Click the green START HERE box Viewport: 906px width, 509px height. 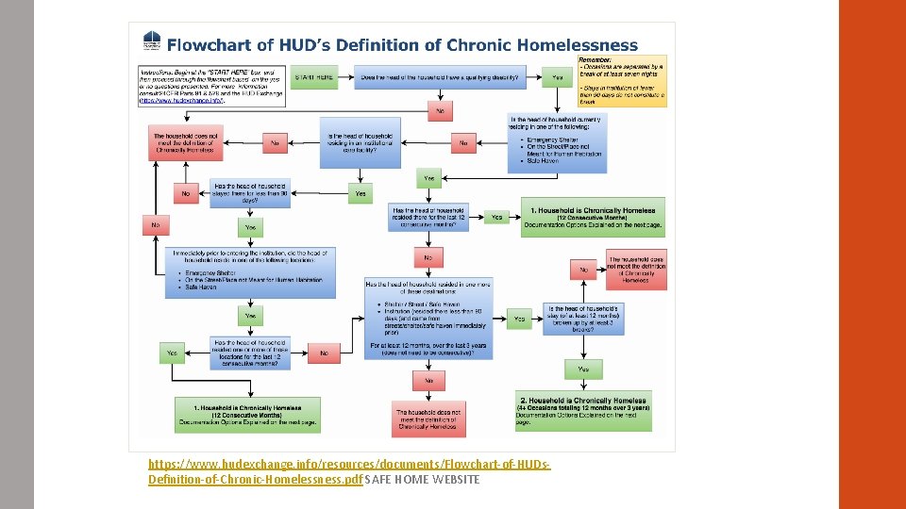pos(314,76)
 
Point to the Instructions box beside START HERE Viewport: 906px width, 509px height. pos(210,85)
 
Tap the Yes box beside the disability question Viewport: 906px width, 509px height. pos(558,76)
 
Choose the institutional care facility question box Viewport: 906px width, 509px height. pos(361,143)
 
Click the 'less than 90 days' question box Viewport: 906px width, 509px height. pos(250,193)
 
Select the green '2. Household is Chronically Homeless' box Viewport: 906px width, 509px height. pos(583,410)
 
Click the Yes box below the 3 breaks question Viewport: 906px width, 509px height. pos(583,369)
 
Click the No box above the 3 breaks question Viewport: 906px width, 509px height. pos(584,270)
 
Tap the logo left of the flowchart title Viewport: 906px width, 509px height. pos(149,43)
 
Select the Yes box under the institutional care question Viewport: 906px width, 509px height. pos(360,193)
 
